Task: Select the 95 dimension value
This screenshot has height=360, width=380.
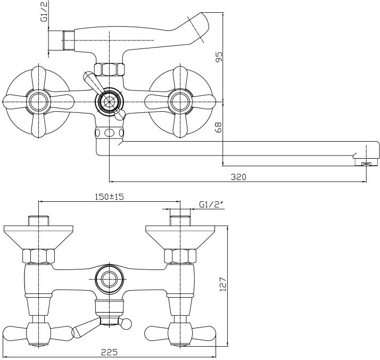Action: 219,56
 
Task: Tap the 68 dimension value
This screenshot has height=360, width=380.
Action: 219,128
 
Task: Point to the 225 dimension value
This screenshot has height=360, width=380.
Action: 110,353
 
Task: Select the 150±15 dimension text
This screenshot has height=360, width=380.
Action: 109,197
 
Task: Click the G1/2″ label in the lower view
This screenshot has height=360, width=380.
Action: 209,204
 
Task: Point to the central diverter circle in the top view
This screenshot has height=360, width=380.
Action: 109,100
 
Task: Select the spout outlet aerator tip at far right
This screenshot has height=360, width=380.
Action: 365,163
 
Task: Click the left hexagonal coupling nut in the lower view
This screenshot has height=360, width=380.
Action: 40,257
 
